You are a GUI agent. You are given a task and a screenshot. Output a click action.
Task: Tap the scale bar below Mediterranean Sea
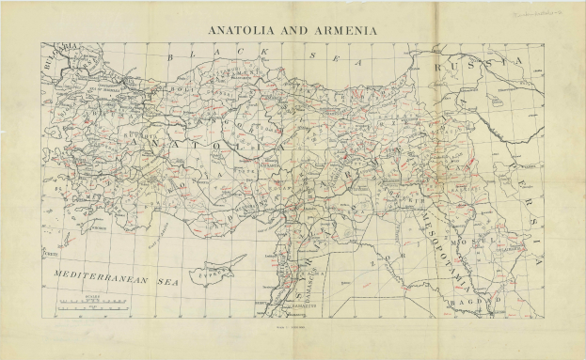tap(92, 302)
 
